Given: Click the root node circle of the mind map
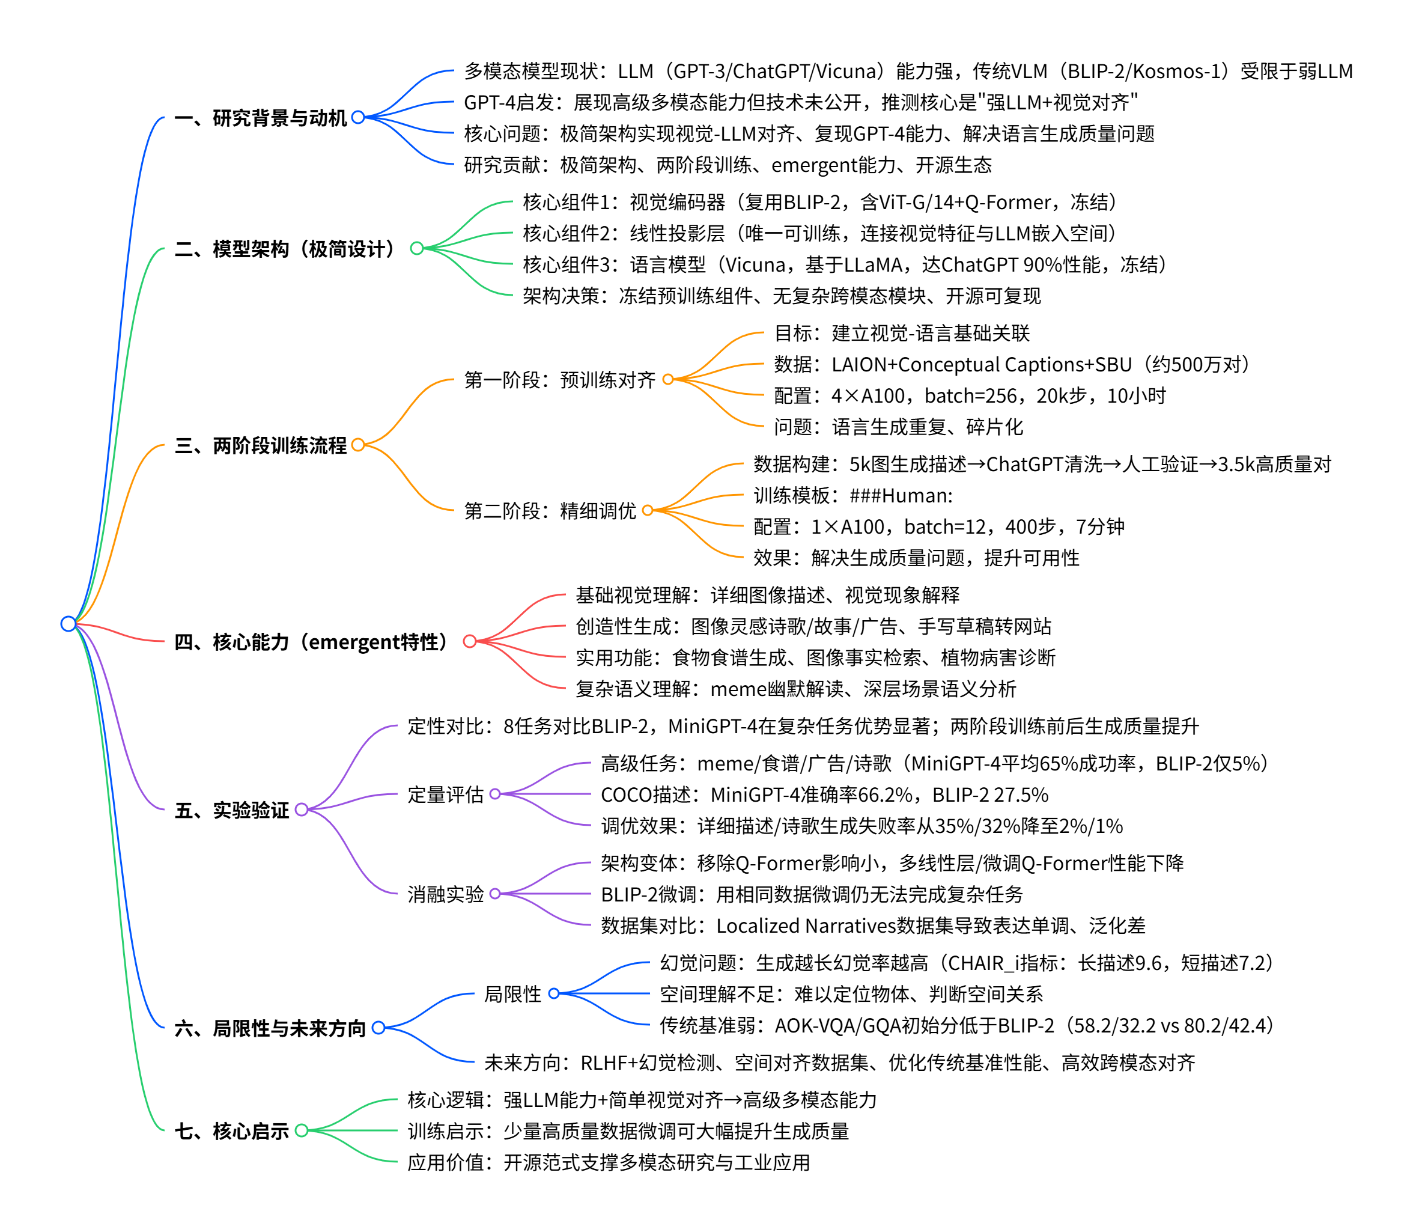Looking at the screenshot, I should click(x=68, y=624).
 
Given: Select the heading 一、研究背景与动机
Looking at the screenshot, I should click(x=261, y=118).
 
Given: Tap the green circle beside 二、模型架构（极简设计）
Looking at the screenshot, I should click(x=416, y=248).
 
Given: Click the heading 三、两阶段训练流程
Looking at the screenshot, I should click(x=261, y=445).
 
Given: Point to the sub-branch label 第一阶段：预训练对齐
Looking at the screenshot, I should click(x=559, y=379).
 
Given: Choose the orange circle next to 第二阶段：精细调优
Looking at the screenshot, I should click(x=648, y=510).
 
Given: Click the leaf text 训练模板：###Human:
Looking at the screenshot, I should click(x=853, y=496).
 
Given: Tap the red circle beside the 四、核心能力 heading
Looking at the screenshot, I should click(x=469, y=641).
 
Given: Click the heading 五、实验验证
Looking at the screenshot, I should click(x=232, y=810).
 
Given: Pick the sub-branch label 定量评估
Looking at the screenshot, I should click(x=445, y=794).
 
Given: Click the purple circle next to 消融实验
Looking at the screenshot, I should click(x=495, y=894).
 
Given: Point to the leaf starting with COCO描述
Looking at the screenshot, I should click(x=824, y=794).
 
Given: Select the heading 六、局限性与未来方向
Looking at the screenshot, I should click(x=270, y=1028).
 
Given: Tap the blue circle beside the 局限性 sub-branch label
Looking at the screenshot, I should click(x=554, y=993).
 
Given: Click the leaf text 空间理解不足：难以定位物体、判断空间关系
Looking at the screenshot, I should click(x=851, y=994).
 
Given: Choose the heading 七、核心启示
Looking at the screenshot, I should click(x=232, y=1131).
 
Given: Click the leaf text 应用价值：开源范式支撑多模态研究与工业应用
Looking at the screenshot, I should click(x=608, y=1162).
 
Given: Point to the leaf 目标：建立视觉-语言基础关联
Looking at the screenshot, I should click(x=902, y=334).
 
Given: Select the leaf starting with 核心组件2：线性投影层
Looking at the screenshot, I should click(x=818, y=234).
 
